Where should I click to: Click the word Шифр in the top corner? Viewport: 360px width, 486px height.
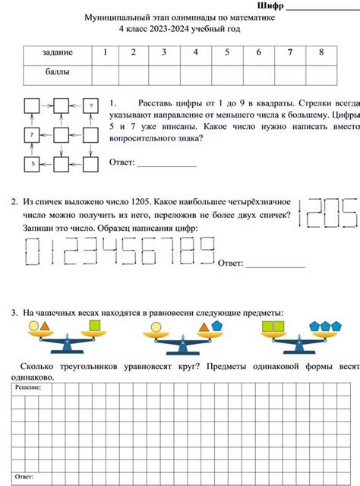click(270, 7)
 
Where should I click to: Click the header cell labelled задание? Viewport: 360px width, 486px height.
click(58, 52)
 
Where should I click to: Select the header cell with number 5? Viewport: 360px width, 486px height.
click(226, 52)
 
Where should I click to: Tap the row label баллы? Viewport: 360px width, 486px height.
click(58, 74)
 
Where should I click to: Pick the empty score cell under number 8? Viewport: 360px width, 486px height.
click(321, 74)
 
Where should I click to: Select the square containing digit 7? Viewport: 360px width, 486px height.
click(33, 134)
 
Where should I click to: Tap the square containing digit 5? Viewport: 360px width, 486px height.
click(33, 163)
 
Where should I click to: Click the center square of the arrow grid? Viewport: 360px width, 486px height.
click(62, 134)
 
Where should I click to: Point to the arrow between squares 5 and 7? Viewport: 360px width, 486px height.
click(33, 149)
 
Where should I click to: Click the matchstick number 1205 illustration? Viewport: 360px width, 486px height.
click(329, 213)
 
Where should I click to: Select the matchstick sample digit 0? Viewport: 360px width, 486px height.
click(34, 251)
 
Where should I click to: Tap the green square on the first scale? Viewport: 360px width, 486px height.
click(95, 327)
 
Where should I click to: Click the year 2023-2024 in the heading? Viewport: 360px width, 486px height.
click(180, 29)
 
